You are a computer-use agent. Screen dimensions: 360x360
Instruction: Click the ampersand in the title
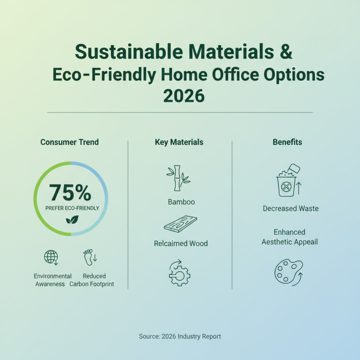[x=286, y=52]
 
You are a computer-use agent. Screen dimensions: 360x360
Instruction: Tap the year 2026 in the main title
[x=184, y=96]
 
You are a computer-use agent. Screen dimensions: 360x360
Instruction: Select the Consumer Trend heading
[x=70, y=142]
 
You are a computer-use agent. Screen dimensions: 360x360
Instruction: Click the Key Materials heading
[x=179, y=142]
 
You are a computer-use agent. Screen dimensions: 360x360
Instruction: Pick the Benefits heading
[x=288, y=142]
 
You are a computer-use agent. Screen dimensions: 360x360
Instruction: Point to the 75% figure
[x=70, y=193]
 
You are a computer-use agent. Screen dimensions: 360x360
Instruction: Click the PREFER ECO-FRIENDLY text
[x=72, y=208]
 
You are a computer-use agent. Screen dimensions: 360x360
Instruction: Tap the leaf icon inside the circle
[x=72, y=220]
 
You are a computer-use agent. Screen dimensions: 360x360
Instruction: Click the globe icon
[x=51, y=257]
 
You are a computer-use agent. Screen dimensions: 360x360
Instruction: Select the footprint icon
[x=90, y=257]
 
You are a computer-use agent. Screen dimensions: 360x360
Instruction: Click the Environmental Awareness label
[x=53, y=280]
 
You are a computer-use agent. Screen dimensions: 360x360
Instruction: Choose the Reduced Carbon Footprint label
[x=92, y=280]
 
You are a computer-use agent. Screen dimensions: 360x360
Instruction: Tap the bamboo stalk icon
[x=178, y=178]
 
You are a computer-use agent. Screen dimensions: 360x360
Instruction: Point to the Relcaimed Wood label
[x=181, y=243]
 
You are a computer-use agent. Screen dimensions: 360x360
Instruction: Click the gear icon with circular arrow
[x=179, y=273]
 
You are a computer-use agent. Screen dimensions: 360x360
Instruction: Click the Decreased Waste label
[x=291, y=208]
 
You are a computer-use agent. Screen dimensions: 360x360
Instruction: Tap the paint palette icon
[x=289, y=273]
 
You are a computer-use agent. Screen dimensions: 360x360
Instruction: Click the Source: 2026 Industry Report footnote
[x=180, y=336]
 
